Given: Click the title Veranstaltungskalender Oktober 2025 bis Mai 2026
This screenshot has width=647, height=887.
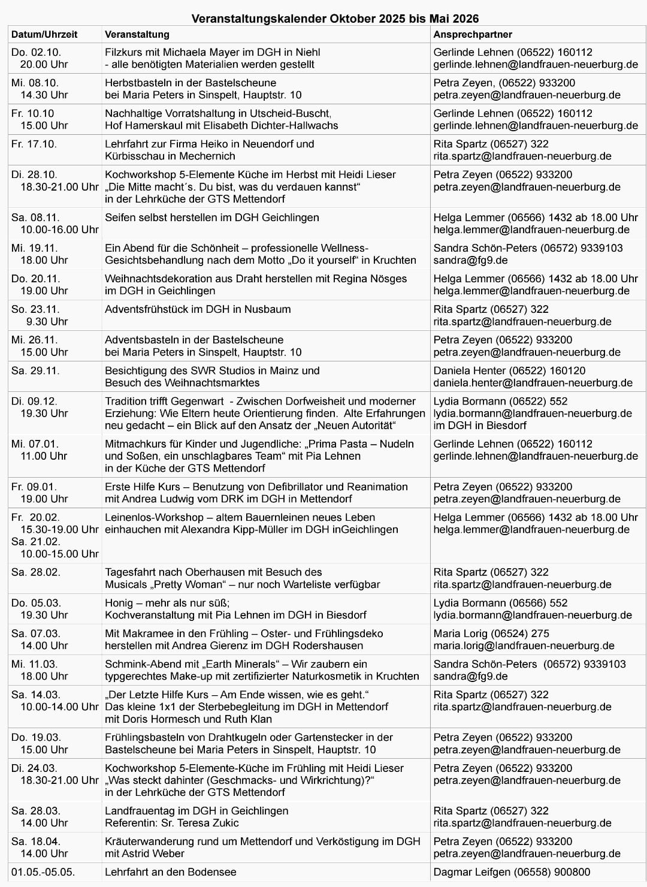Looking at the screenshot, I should click(335, 19).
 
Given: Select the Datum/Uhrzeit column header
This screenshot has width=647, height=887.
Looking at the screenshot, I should click(44, 34).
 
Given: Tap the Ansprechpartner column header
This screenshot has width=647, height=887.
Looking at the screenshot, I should click(473, 34).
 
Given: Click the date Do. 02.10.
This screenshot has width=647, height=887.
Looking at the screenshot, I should click(36, 52).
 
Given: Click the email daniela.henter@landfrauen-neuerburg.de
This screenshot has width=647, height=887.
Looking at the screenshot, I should click(533, 382).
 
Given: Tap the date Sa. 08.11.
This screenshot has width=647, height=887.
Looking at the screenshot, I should click(35, 218).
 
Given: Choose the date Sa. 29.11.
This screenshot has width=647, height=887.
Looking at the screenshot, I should click(35, 370).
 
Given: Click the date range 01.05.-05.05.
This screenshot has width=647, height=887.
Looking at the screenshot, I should click(43, 872).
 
